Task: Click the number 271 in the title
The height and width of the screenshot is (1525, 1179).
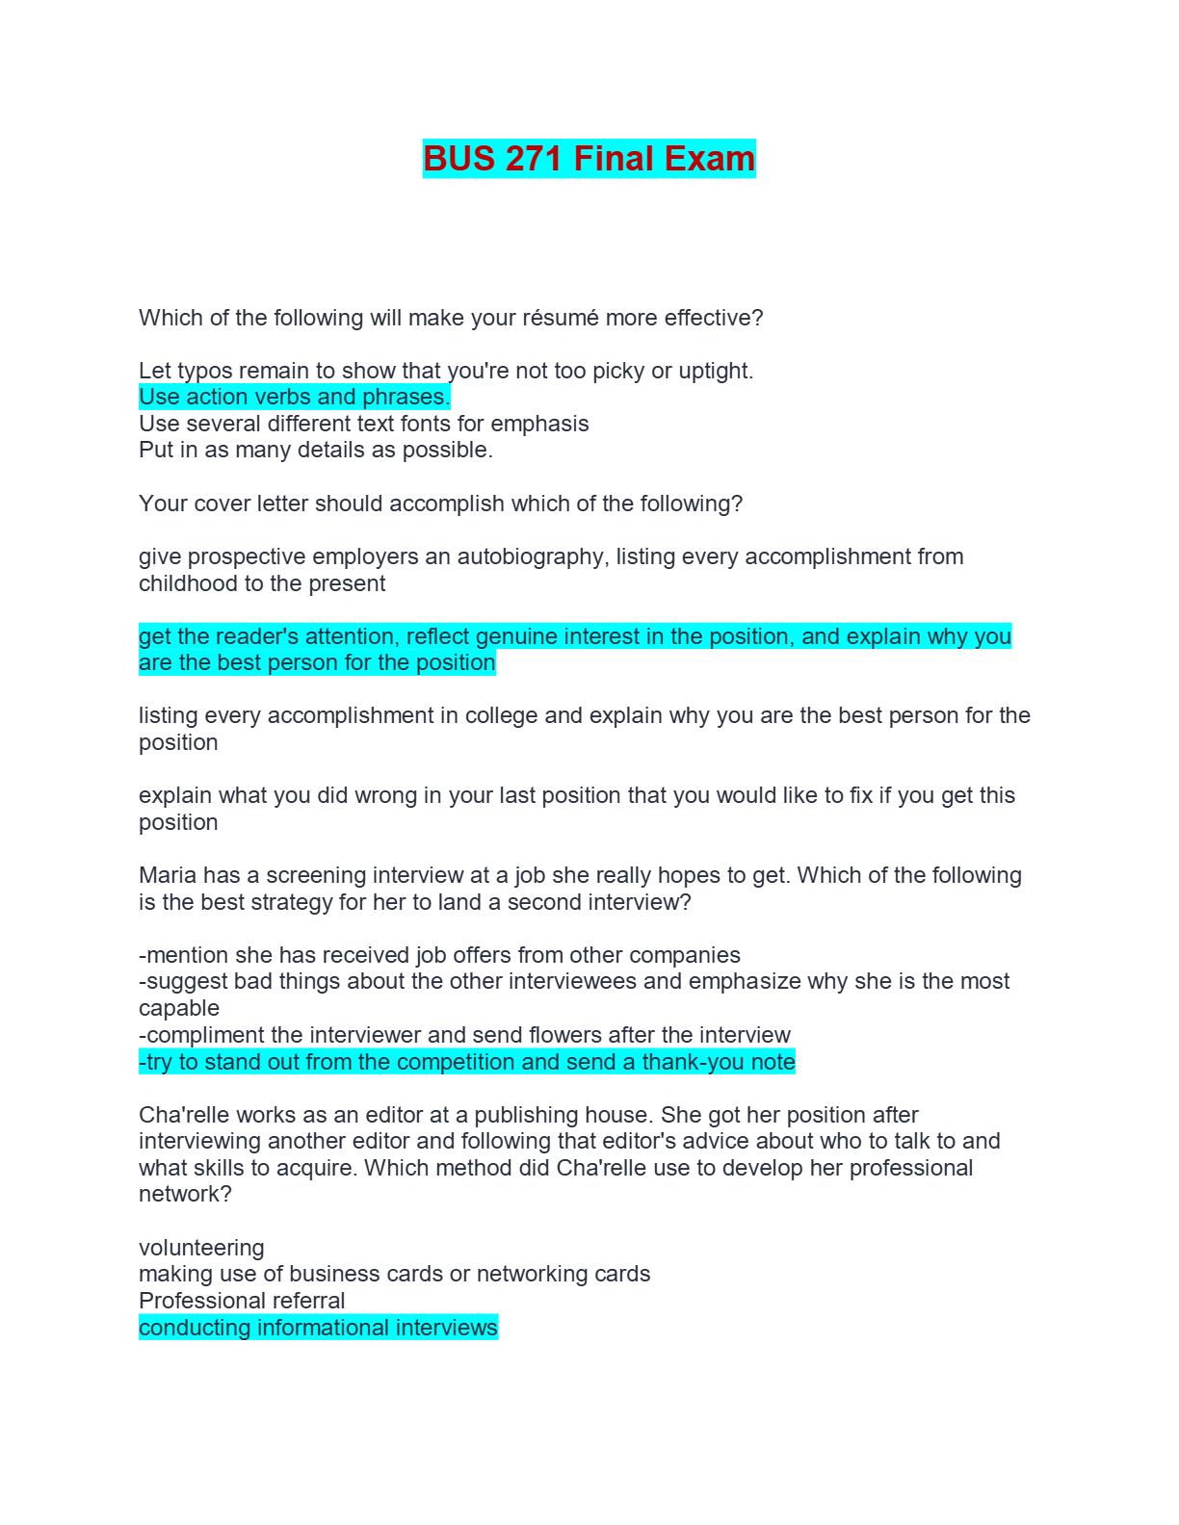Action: point(534,159)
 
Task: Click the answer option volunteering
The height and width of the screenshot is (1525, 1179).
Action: point(201,1248)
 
